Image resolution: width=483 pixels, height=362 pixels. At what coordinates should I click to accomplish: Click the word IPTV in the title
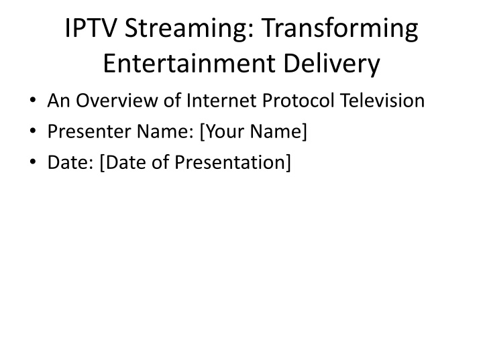[x=91, y=28]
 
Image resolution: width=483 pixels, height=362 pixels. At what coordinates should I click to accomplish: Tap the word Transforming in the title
[x=340, y=29]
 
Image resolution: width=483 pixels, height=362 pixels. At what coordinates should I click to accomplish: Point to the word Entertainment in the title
[x=189, y=64]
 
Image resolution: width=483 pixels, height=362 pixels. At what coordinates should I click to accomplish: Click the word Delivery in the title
[x=331, y=64]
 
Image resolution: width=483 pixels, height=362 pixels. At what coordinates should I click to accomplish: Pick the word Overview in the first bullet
[x=117, y=101]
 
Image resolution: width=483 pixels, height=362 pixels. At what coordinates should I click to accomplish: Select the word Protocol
[x=298, y=101]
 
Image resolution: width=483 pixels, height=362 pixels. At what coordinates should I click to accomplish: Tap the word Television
[x=382, y=101]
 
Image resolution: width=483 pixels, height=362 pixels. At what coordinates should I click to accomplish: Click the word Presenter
[x=89, y=131]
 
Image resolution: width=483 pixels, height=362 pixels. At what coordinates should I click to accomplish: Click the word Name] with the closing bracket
[x=278, y=132]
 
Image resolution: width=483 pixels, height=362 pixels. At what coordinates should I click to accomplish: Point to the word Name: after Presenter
[x=165, y=131]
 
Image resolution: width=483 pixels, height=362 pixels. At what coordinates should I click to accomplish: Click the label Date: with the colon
[x=70, y=162]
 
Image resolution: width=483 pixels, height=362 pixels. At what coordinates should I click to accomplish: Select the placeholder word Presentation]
[x=233, y=163]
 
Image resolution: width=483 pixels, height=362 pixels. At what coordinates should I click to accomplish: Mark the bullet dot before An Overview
[x=33, y=100]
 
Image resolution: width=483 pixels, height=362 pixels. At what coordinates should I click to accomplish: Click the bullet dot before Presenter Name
[x=33, y=131]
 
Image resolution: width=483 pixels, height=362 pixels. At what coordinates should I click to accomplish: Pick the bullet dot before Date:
[x=33, y=162]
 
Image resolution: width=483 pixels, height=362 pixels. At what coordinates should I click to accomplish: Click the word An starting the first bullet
[x=58, y=101]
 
